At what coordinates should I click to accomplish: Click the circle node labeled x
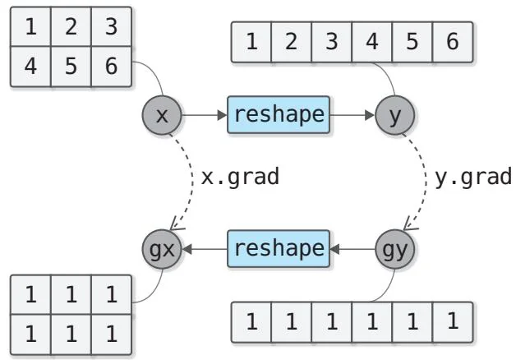pyautogui.click(x=162, y=116)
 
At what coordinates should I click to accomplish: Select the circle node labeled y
pyautogui.click(x=395, y=116)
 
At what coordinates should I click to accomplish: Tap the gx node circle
pyautogui.click(x=162, y=247)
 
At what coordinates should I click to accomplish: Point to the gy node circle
pyautogui.click(x=395, y=247)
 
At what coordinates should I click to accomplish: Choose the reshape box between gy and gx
pyautogui.click(x=278, y=247)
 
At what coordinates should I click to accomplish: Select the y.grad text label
pyautogui.click(x=472, y=177)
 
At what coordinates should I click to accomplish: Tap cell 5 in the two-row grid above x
pyautogui.click(x=71, y=65)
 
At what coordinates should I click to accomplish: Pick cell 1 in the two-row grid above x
pyautogui.click(x=30, y=27)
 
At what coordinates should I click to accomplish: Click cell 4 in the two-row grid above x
pyautogui.click(x=30, y=65)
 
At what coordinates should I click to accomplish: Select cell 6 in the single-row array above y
pyautogui.click(x=453, y=42)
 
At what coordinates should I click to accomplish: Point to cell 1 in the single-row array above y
pyautogui.click(x=251, y=42)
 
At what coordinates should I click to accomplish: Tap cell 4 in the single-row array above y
pyautogui.click(x=372, y=42)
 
